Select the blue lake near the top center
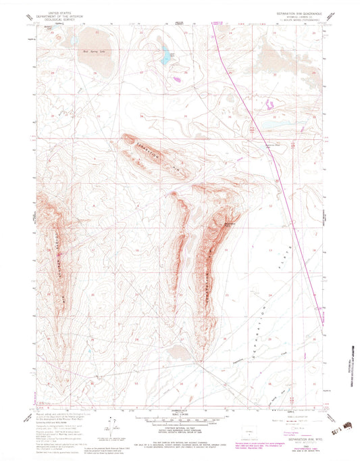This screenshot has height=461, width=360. coord(164,55)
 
